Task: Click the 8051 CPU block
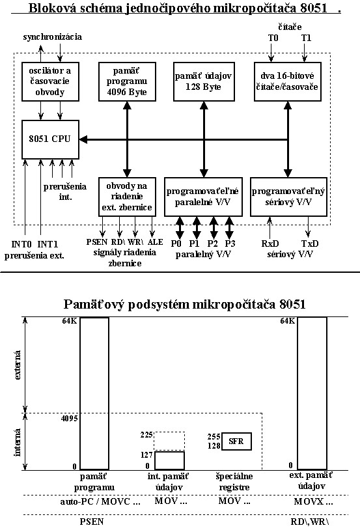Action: pyautogui.click(x=50, y=139)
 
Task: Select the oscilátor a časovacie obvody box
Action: pyautogui.click(x=50, y=81)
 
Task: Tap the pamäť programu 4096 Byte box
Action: pyautogui.click(x=127, y=81)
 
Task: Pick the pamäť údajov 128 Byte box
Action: pyautogui.click(x=204, y=81)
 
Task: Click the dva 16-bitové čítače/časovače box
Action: pyautogui.click(x=287, y=81)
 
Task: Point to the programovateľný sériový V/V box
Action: pyautogui.click(x=288, y=197)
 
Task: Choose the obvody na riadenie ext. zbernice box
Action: pyautogui.click(x=127, y=197)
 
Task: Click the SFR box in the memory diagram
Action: pyautogui.click(x=236, y=441)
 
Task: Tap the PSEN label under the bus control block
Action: pyautogui.click(x=97, y=242)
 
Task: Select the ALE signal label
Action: pyautogui.click(x=155, y=242)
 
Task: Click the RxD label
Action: pyautogui.click(x=270, y=244)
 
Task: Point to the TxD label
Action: pyautogui.click(x=310, y=244)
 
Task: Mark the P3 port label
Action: pyautogui.click(x=230, y=244)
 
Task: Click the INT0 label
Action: pyautogui.click(x=21, y=244)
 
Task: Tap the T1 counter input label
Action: pyautogui.click(x=306, y=38)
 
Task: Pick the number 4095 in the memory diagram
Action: pyautogui.click(x=69, y=419)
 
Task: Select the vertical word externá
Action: pyautogui.click(x=17, y=365)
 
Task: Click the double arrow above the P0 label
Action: pyautogui.click(x=180, y=228)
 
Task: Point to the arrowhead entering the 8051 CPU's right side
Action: pyautogui.click(x=83, y=139)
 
